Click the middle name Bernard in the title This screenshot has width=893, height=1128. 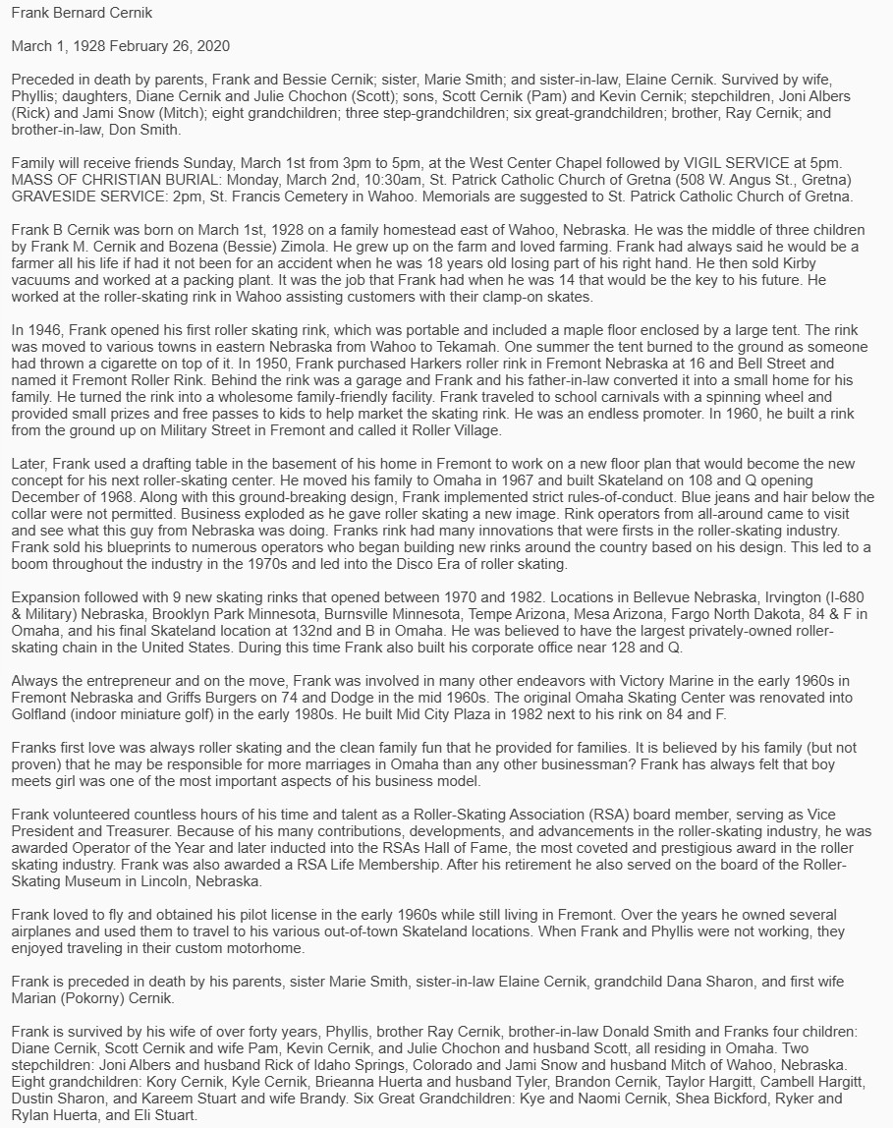(80, 13)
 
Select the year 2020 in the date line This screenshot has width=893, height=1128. (211, 46)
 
